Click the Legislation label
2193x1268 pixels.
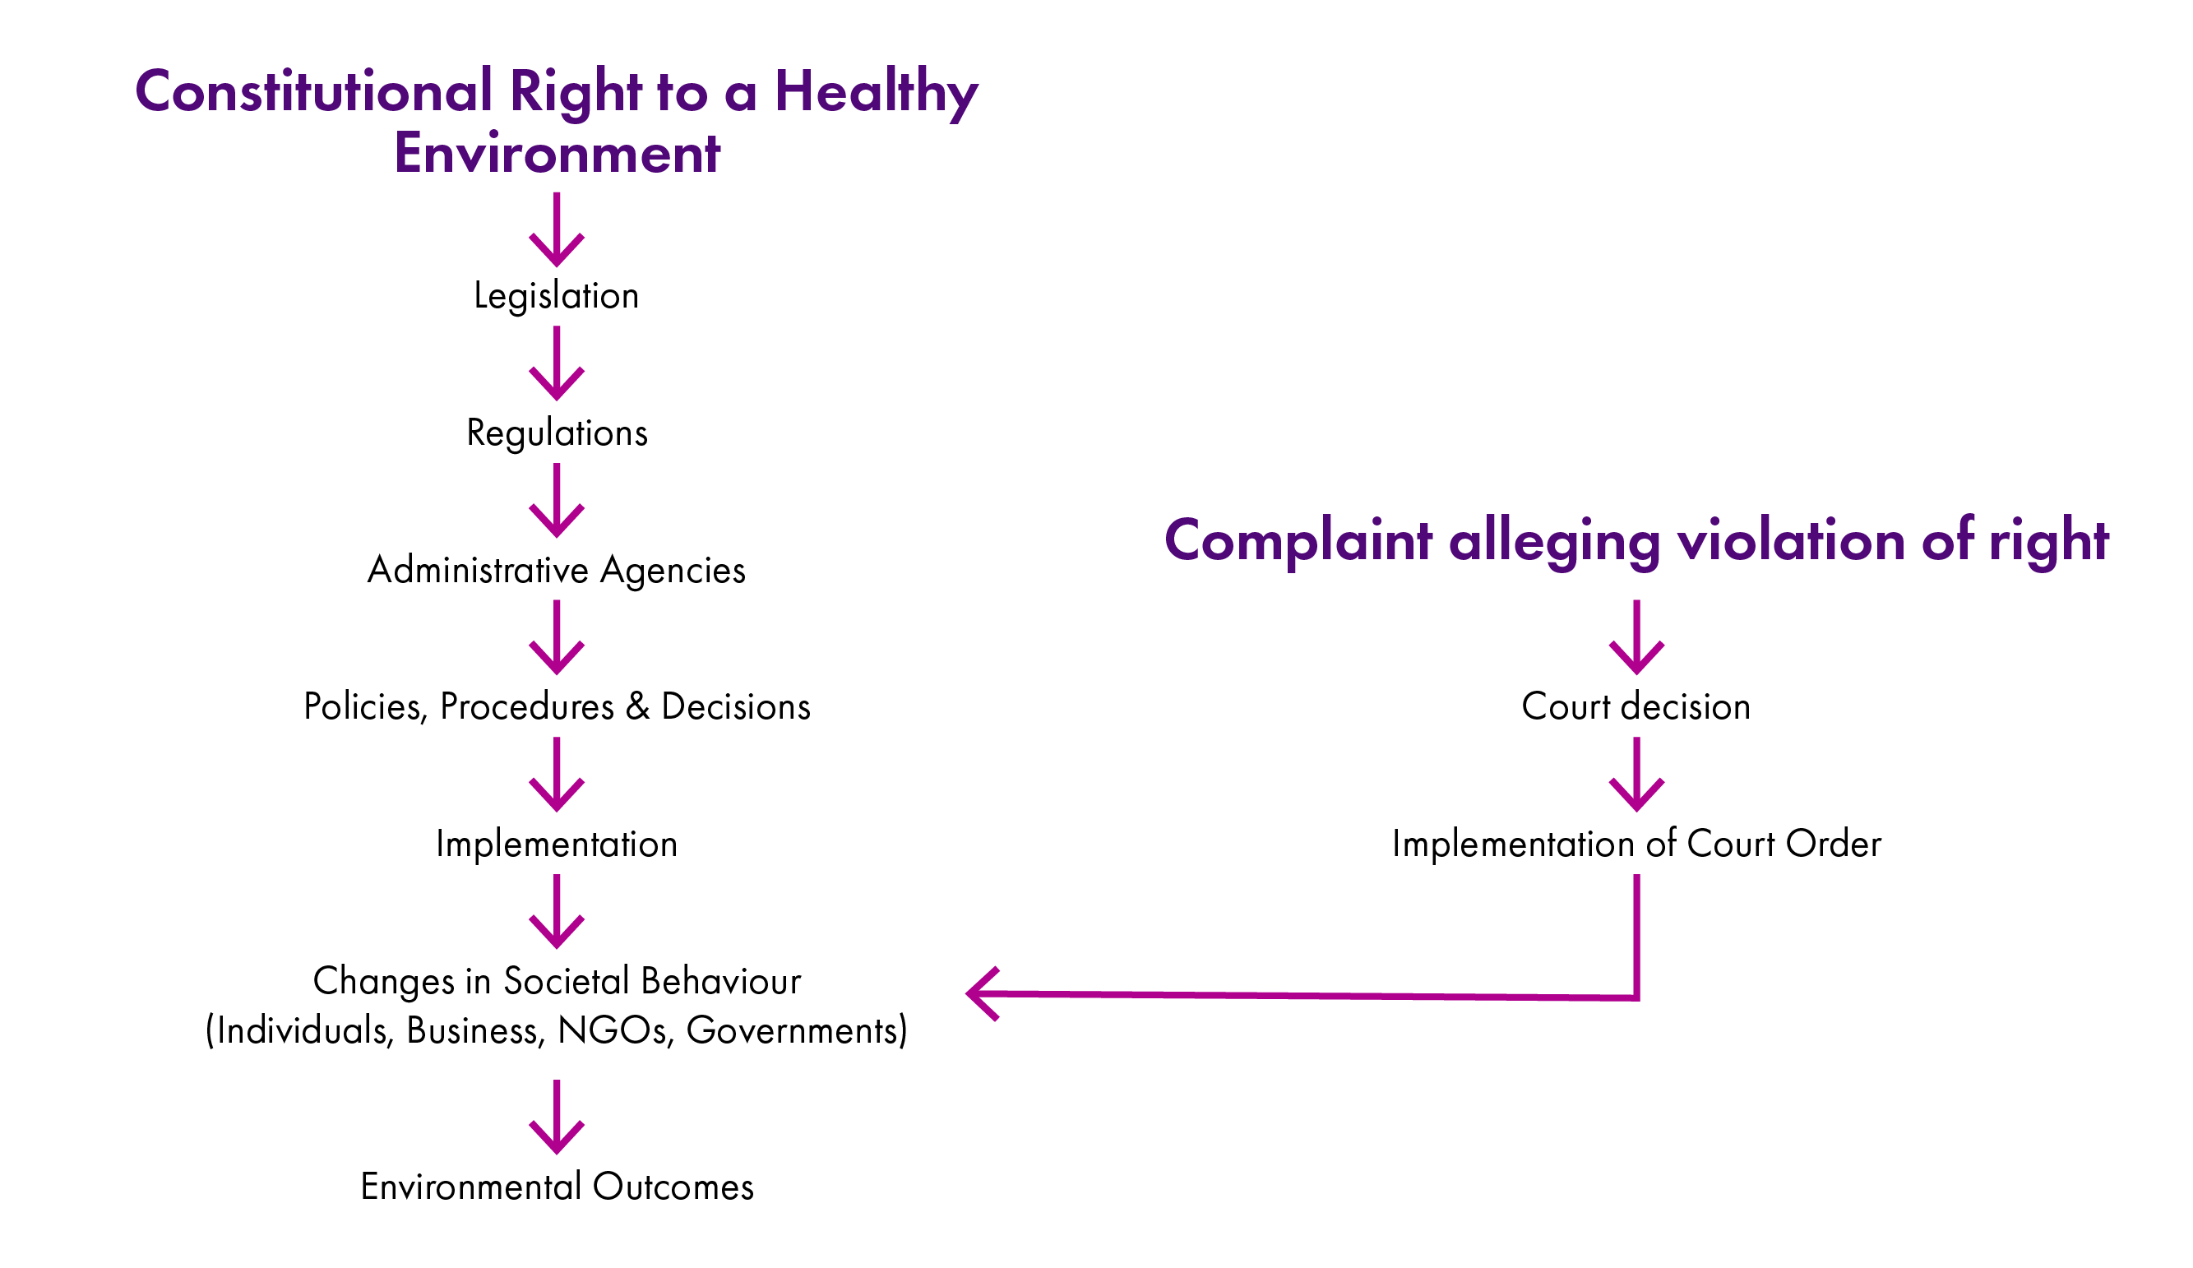point(556,296)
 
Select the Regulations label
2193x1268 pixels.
point(557,433)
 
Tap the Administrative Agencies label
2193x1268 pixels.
point(556,570)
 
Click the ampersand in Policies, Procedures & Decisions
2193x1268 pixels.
point(638,706)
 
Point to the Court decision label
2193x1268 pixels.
point(1635,706)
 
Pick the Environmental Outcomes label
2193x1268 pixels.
point(557,1187)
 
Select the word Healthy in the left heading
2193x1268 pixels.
point(876,92)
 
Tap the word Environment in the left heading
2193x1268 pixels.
point(557,154)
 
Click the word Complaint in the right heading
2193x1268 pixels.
point(1298,540)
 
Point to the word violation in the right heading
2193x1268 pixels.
point(1791,540)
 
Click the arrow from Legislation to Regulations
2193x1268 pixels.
point(557,363)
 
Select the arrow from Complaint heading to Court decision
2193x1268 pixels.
point(1636,637)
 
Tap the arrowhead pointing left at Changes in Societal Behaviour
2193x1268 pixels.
point(983,993)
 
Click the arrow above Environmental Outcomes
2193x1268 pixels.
point(557,1117)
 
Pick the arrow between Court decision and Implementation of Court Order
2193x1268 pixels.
point(1636,775)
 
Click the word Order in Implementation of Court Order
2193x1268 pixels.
point(1833,844)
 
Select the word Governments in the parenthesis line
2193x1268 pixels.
point(796,1030)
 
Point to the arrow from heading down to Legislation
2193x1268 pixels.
point(557,229)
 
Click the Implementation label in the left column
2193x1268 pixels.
point(556,844)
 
